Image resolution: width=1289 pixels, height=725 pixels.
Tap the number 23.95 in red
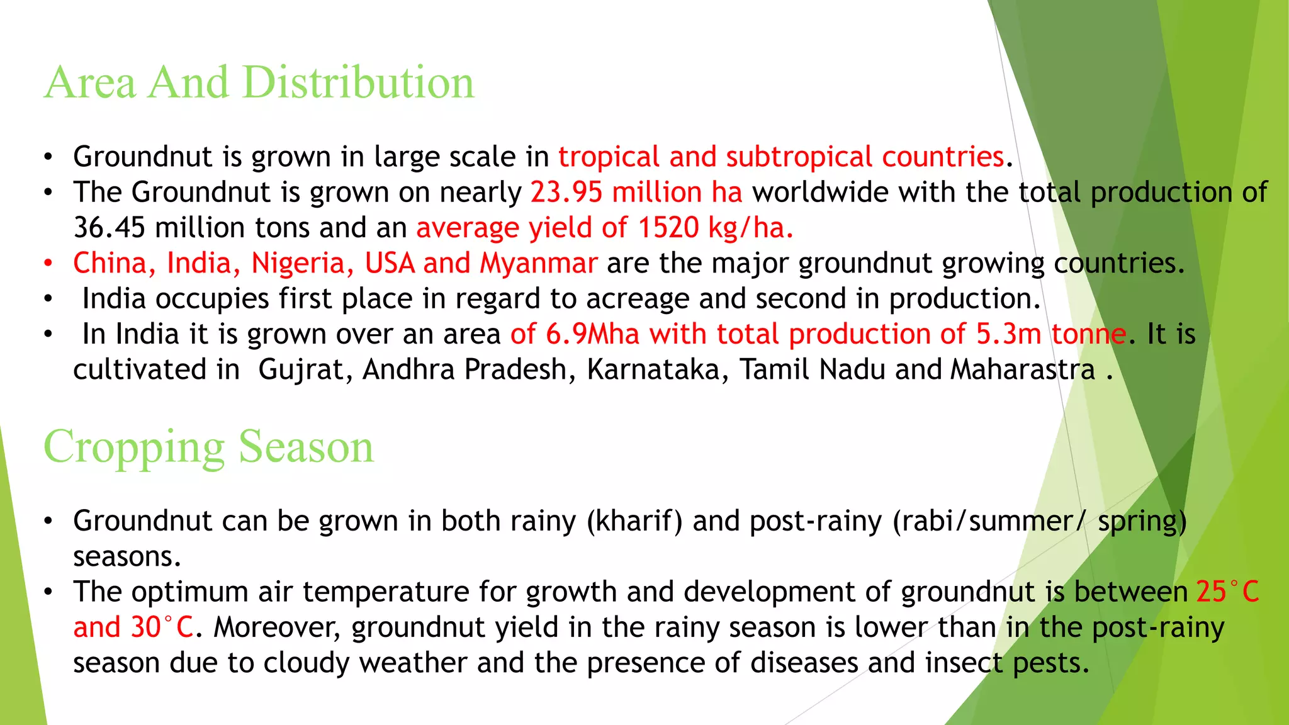tap(566, 193)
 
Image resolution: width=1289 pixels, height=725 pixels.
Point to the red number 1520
tap(668, 228)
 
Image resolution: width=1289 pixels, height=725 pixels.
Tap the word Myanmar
tap(538, 263)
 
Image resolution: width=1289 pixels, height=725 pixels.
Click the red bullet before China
tap(48, 263)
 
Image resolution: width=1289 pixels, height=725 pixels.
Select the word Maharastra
tap(1023, 370)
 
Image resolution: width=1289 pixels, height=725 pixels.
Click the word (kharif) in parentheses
tap(634, 522)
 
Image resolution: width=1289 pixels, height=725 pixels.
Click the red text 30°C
tap(162, 628)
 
